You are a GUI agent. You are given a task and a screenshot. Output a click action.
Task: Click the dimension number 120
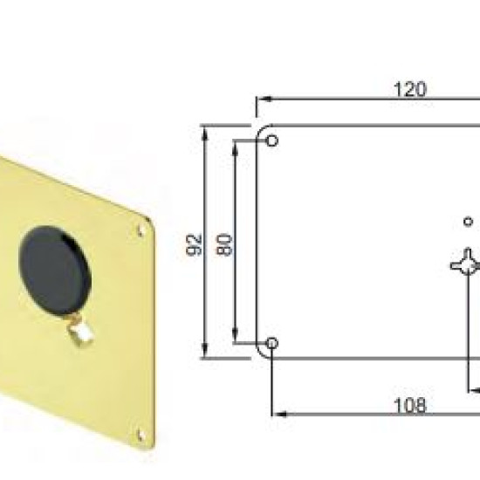(409, 89)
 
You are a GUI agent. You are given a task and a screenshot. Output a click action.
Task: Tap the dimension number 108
(410, 406)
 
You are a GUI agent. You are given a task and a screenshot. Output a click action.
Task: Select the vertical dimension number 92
(194, 244)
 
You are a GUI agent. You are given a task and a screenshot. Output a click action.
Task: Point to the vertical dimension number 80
(223, 244)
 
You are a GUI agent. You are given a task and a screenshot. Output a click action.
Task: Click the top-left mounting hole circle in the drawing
(272, 141)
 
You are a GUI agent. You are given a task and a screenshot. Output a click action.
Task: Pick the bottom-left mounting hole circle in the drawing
(271, 343)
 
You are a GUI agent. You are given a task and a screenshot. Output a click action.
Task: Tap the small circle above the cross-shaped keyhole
(468, 222)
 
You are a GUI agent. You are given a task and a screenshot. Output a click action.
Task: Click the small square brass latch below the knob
(80, 333)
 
